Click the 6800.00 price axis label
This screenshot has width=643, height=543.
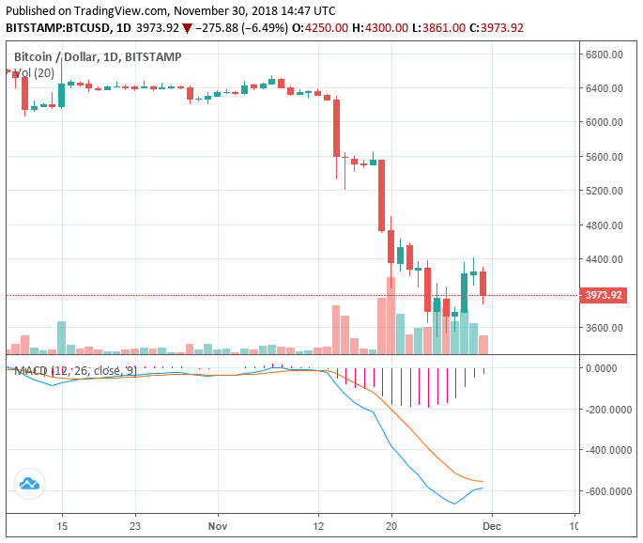point(605,54)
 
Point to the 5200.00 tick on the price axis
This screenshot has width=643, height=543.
point(605,191)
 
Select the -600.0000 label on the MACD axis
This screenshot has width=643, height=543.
point(605,491)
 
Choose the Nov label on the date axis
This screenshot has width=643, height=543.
point(217,526)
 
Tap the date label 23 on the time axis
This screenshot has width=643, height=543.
point(135,526)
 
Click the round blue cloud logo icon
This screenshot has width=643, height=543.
point(29,484)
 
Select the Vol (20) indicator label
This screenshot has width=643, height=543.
point(35,72)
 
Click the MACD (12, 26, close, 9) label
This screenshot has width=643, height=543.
point(75,371)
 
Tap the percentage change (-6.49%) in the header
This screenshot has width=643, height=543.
point(266,27)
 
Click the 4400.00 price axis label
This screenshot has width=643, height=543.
point(605,259)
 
